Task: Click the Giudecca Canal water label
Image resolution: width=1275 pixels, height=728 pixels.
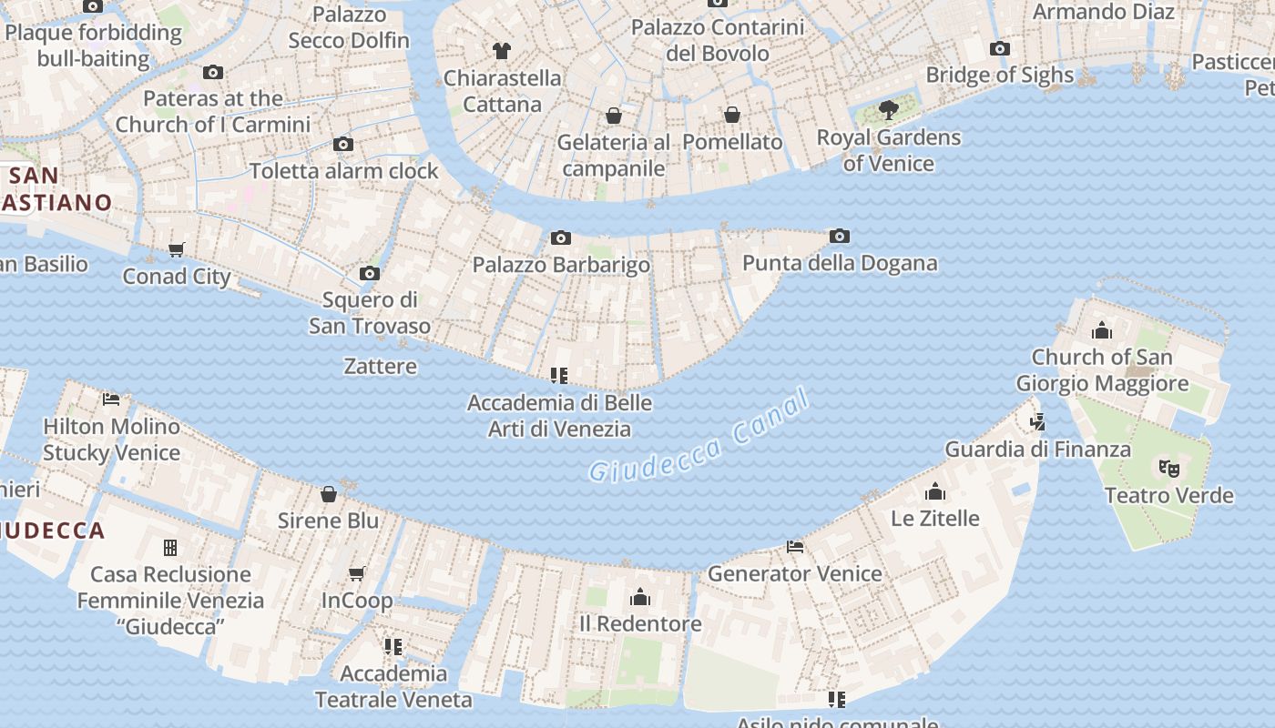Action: tap(699, 436)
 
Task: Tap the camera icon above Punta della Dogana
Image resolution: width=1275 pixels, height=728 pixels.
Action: tap(840, 237)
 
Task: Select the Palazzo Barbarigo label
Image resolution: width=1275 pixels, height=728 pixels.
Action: tap(561, 265)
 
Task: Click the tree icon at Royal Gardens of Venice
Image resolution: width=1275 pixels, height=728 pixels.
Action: tap(888, 111)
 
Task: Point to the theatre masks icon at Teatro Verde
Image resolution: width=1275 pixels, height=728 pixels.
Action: tap(1169, 469)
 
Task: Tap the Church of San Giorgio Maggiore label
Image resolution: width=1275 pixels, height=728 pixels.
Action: tap(1102, 369)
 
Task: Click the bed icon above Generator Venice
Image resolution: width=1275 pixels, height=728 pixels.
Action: tap(795, 547)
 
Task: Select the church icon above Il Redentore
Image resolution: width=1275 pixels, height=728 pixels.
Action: tap(640, 597)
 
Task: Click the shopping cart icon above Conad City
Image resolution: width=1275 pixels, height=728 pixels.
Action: tap(177, 249)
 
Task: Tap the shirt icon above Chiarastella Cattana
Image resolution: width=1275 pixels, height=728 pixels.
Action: tap(502, 50)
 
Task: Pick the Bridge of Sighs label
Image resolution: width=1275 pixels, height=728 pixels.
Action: tap(1000, 75)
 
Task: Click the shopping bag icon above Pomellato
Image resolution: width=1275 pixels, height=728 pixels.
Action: tap(732, 115)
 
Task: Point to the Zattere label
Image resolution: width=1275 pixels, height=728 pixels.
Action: tap(381, 367)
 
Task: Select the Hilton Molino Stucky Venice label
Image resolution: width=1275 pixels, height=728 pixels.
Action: tap(111, 439)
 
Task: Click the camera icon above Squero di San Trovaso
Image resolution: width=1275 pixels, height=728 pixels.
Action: tap(370, 273)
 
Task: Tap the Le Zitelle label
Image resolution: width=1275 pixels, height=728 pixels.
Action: tap(935, 519)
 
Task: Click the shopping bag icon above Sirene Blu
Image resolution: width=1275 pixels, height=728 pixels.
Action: tap(329, 494)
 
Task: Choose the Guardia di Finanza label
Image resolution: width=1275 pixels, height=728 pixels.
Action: tap(1038, 449)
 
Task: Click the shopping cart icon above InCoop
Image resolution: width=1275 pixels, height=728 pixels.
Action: tap(357, 573)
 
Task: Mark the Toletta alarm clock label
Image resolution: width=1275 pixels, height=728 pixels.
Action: tap(344, 171)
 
